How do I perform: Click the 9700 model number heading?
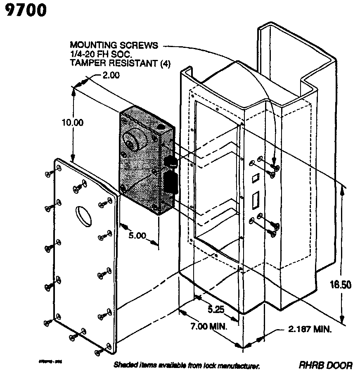pos(26,11)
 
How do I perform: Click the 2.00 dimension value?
pos(110,75)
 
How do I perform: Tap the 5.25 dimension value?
pos(216,309)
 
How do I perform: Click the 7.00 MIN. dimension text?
pos(209,326)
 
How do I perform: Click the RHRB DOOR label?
pos(326,365)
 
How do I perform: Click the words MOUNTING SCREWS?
pos(114,45)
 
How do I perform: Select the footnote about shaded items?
pos(187,366)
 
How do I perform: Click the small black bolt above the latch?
pos(170,162)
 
